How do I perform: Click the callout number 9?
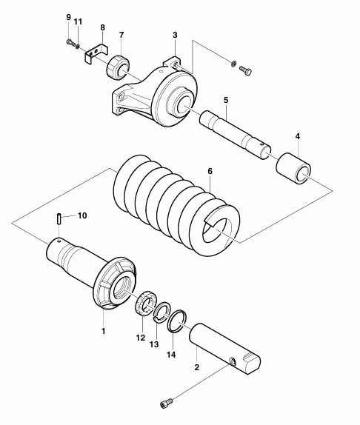(x=69, y=17)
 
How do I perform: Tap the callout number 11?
(x=78, y=21)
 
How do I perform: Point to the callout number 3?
(x=175, y=35)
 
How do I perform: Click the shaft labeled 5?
(x=236, y=135)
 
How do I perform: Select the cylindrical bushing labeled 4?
(x=293, y=168)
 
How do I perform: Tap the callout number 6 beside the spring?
(x=210, y=171)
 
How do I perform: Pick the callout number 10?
(x=82, y=215)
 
